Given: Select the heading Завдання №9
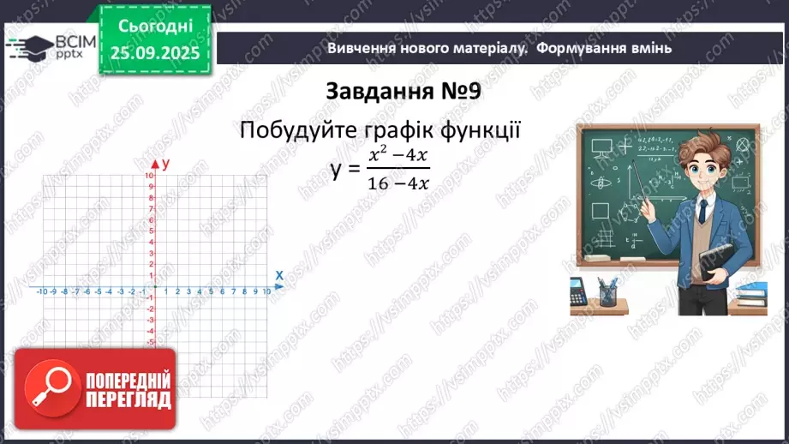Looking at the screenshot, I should [409, 91].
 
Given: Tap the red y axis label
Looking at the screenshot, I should [165, 163].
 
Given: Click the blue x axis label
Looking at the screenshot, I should [279, 275].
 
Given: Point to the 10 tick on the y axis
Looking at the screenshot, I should [149, 176].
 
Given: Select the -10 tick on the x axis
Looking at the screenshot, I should [42, 292].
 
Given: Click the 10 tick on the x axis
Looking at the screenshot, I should [266, 292].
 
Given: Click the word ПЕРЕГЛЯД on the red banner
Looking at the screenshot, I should [129, 399].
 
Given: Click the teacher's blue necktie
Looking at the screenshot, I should [702, 212].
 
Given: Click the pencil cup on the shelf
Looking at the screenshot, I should [607, 293].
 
